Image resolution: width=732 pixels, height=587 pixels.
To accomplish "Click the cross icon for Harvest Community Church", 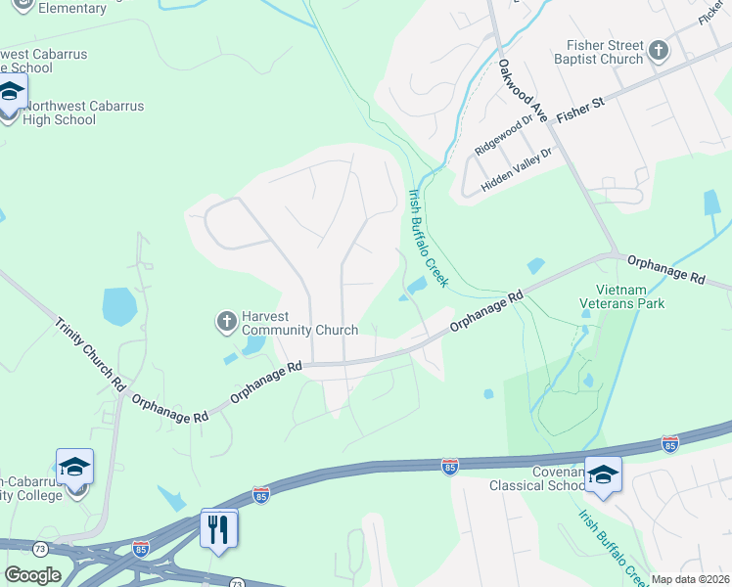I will pos(226,320).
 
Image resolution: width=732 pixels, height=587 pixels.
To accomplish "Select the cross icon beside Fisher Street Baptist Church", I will pos(660,50).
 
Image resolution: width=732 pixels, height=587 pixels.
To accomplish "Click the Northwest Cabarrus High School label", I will pos(60,113).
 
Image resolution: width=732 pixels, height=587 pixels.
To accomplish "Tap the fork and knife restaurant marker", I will pos(218,528).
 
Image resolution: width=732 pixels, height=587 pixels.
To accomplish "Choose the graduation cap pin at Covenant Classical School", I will pos(604,475).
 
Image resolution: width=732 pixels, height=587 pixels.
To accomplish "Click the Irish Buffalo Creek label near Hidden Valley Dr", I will pos(428,238).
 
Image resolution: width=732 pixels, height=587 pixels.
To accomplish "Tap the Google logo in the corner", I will pos(32,575).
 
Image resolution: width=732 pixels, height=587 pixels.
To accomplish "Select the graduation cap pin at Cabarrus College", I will pos(74,468).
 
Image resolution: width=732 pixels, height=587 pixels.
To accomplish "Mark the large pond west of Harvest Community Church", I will pos(117,306).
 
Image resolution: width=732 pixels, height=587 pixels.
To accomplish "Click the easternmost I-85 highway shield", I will pos(669,443).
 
